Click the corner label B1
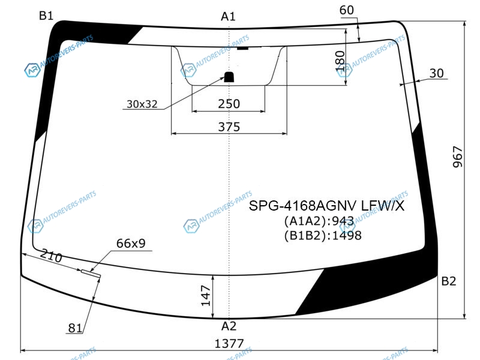(46, 16)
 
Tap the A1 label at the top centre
(229, 17)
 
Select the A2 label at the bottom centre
(229, 326)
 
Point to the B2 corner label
(449, 281)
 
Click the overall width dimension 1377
(229, 344)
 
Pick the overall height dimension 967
(458, 157)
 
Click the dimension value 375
(229, 127)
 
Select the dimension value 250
(229, 104)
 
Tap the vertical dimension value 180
(340, 61)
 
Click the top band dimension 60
(347, 10)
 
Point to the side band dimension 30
(437, 73)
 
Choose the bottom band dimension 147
(206, 296)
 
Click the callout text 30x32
(142, 104)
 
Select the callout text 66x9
(131, 244)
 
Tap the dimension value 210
(51, 256)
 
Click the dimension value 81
(75, 328)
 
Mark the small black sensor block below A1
(229, 77)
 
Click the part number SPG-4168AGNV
(303, 206)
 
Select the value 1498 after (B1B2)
(347, 235)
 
